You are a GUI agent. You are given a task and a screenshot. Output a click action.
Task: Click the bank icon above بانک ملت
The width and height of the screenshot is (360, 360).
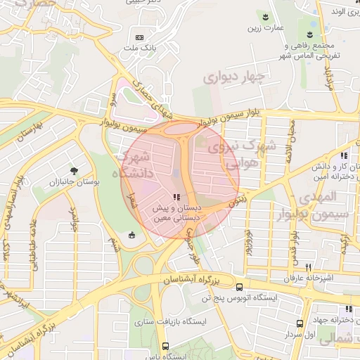pyautogui.click(x=139, y=37)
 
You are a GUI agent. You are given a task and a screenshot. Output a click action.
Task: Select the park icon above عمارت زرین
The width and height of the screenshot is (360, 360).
pyautogui.click(x=266, y=16)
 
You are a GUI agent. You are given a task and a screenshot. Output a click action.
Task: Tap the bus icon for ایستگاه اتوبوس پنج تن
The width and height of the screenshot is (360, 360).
pyautogui.click(x=240, y=287)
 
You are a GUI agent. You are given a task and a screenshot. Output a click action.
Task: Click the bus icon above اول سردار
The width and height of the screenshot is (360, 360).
pyautogui.click(x=300, y=323)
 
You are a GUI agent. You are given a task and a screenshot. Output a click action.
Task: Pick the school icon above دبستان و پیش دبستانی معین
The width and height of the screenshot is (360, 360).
pyautogui.click(x=176, y=198)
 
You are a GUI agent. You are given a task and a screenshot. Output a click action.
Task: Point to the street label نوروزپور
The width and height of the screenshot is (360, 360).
pyautogui.click(x=248, y=240)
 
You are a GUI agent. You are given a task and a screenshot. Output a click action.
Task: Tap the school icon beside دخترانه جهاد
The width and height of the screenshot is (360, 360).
pyautogui.click(x=348, y=309)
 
